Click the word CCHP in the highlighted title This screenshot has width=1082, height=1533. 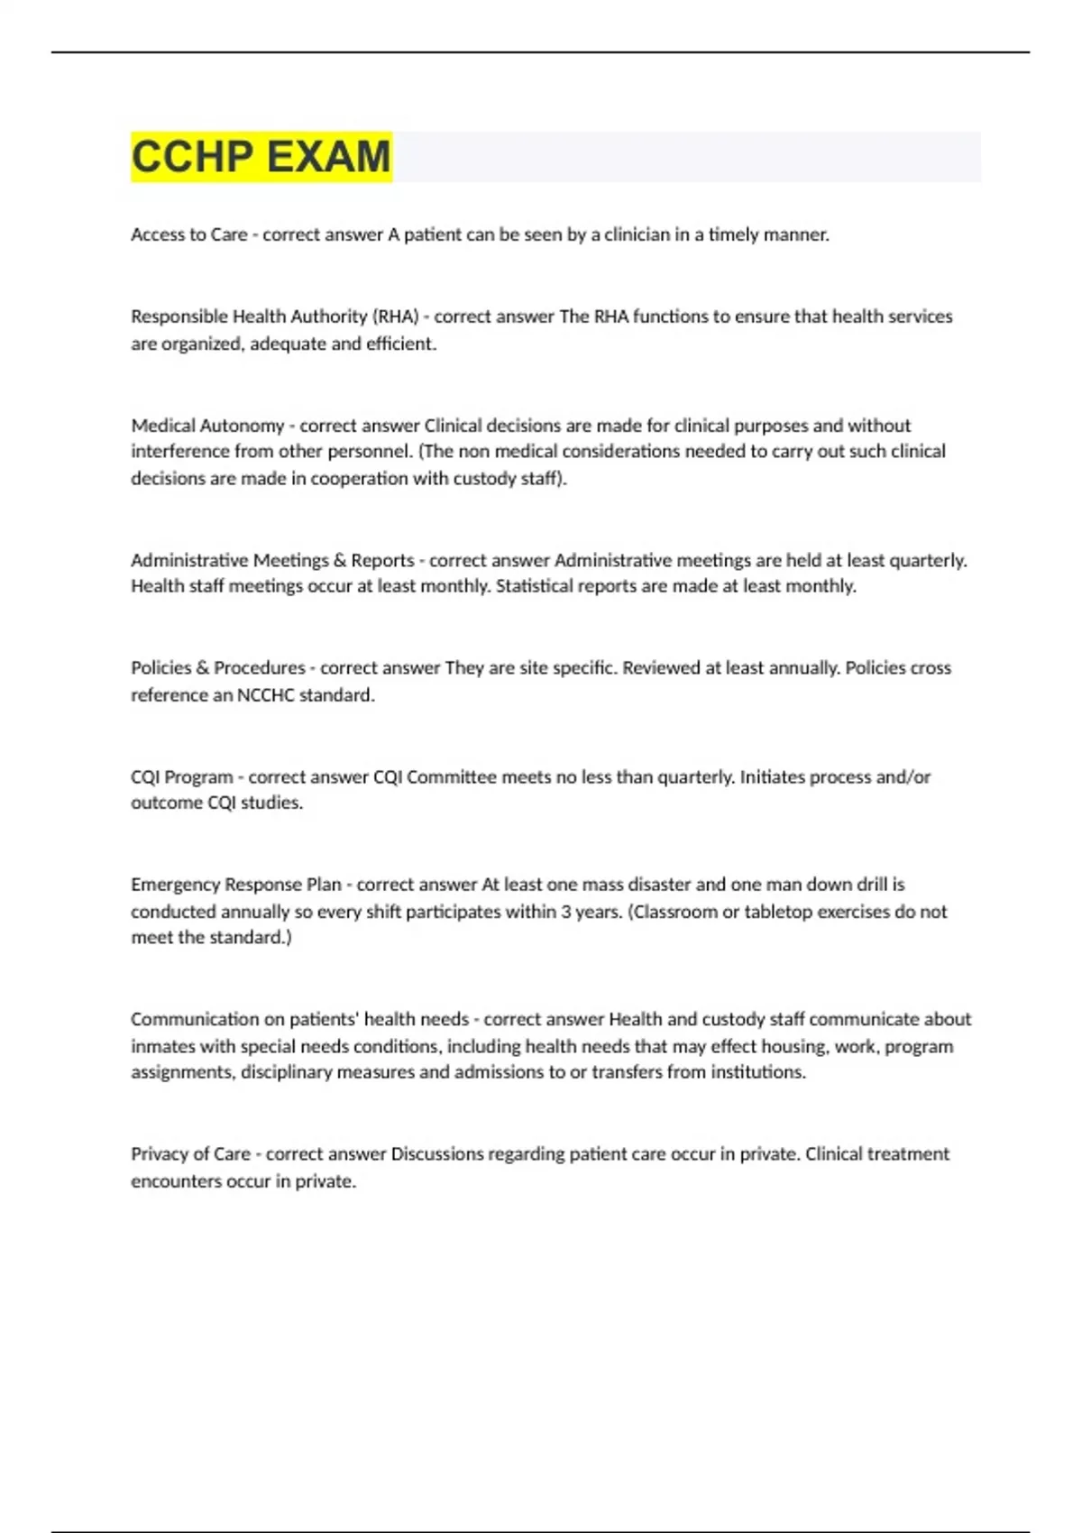click(192, 157)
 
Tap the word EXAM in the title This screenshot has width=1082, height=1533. click(328, 157)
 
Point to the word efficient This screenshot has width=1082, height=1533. click(401, 344)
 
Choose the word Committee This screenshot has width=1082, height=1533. click(451, 776)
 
